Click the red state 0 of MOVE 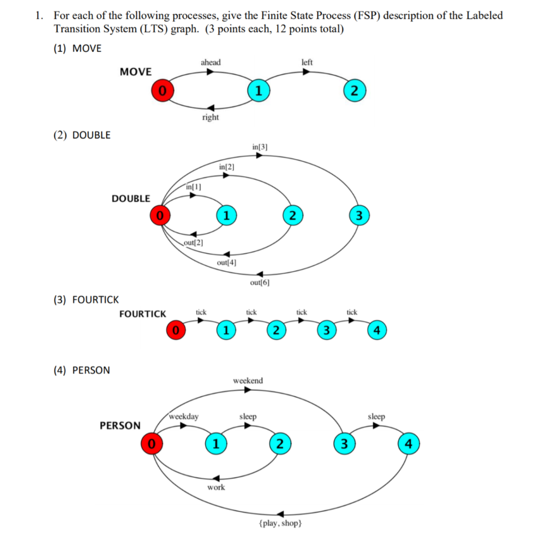(x=162, y=91)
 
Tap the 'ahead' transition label (x=211, y=62)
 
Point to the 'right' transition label (x=210, y=117)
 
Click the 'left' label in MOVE (x=307, y=62)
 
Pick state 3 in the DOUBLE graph (x=358, y=216)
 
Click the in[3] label (x=260, y=147)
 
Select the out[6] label (x=260, y=283)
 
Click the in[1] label (x=194, y=187)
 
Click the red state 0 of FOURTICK (x=175, y=330)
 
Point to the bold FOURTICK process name (x=143, y=314)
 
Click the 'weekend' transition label (x=248, y=380)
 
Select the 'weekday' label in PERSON (x=184, y=417)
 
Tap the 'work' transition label (x=216, y=487)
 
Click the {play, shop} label (x=279, y=524)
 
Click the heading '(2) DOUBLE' (x=82, y=135)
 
